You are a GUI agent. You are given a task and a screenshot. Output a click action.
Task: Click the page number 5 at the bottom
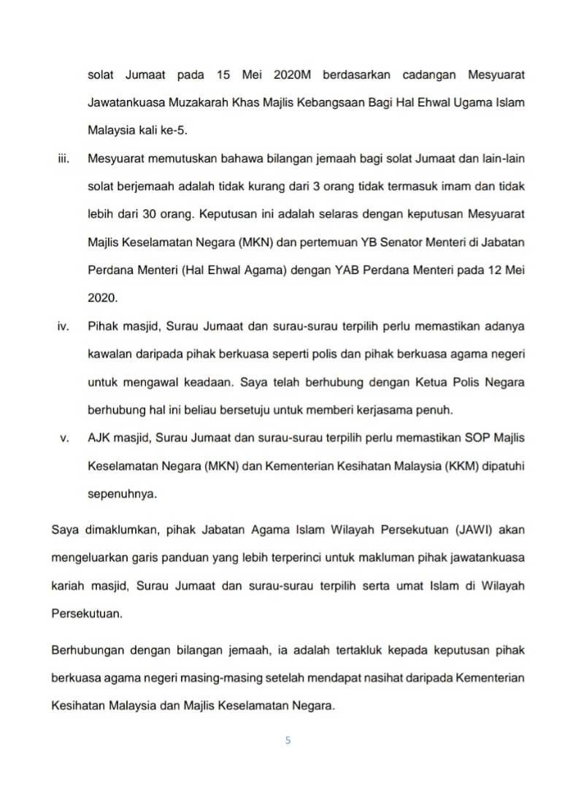tap(288, 740)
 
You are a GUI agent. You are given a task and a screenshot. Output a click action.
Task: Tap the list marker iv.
tap(63, 325)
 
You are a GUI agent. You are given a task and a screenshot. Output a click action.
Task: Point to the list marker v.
tap(64, 438)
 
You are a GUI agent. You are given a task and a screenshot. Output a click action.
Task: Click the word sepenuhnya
tap(122, 493)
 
